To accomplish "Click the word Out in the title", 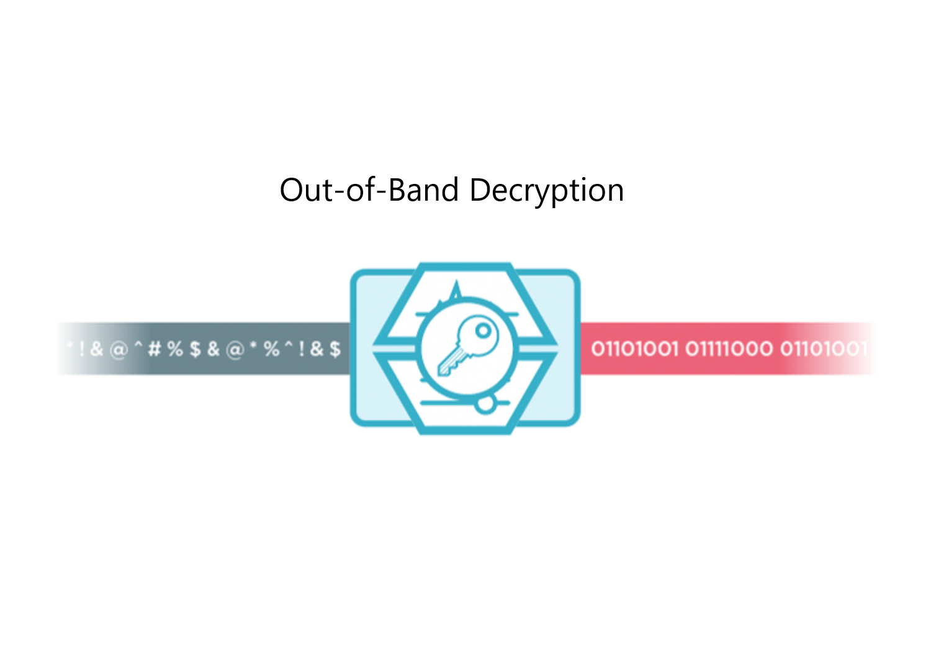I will click(x=306, y=190).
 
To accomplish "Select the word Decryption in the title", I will click(x=546, y=190).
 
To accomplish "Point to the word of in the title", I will click(x=358, y=190).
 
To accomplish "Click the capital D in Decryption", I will click(x=481, y=190).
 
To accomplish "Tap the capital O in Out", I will click(x=292, y=190).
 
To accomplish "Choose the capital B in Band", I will click(x=398, y=190).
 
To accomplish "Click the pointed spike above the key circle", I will click(x=457, y=290).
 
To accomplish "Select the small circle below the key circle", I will click(x=484, y=404).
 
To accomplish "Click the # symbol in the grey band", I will click(x=155, y=349).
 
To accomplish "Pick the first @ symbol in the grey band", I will click(x=118, y=350).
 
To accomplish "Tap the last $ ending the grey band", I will click(x=335, y=349).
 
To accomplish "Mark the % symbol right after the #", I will click(x=175, y=349).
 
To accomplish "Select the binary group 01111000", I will click(x=729, y=349).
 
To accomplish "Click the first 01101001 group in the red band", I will click(x=634, y=349).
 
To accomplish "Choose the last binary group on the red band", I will click(x=822, y=349).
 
